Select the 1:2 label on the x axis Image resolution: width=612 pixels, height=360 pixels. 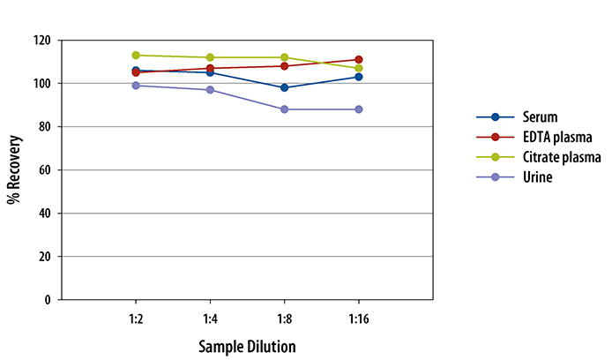click(136, 318)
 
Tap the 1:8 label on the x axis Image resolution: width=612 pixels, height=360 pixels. click(284, 318)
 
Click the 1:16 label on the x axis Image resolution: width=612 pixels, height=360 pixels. click(357, 318)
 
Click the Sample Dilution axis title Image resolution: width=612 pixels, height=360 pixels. click(247, 345)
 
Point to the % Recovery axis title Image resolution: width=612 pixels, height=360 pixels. click(14, 170)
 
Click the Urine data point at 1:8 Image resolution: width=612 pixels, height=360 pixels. click(284, 109)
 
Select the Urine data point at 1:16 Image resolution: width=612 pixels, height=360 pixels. click(358, 109)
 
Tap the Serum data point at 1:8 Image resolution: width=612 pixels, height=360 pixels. click(284, 87)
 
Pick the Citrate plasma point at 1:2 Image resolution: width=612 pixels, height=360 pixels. click(136, 55)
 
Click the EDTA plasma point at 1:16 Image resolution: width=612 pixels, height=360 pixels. click(358, 59)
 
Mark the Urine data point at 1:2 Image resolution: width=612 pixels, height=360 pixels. click(136, 86)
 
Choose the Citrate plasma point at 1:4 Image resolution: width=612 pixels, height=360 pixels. click(210, 57)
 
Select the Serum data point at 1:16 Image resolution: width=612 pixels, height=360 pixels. click(358, 77)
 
